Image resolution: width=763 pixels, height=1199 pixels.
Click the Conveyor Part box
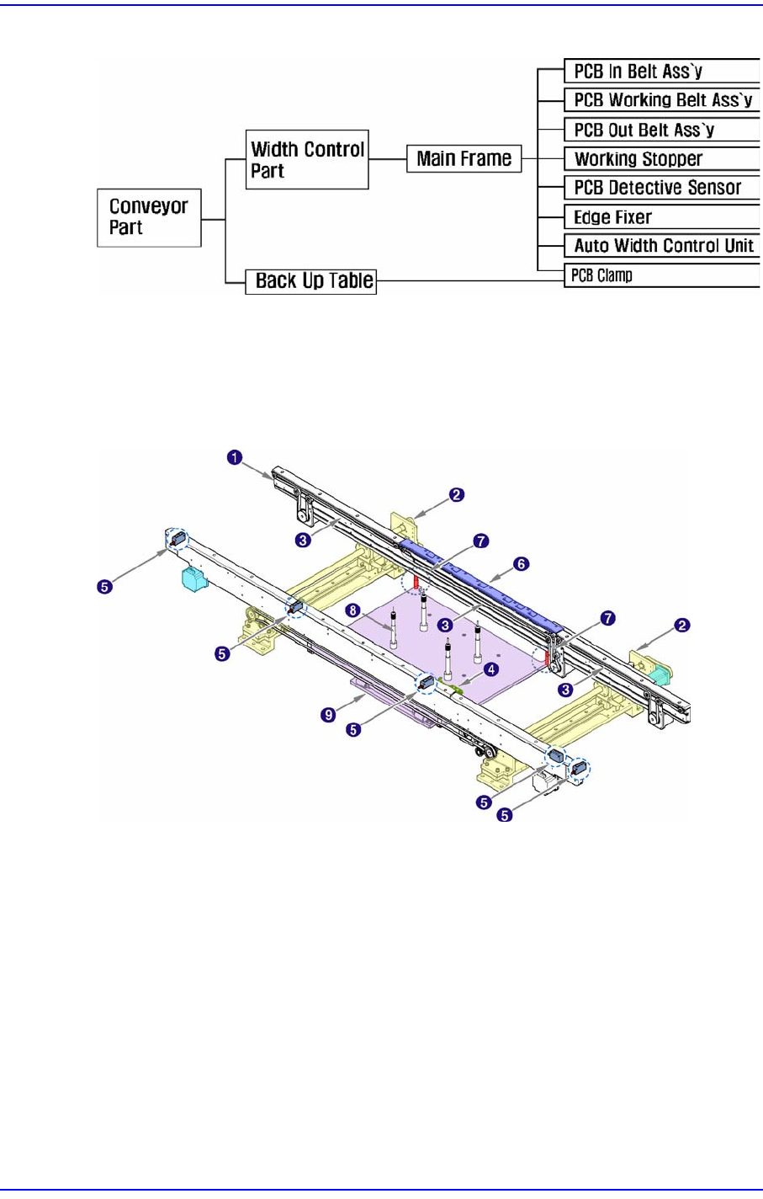149,217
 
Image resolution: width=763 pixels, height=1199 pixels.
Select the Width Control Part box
307,159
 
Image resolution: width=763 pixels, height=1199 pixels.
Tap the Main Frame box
464,158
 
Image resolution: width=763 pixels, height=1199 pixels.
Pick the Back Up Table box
310,281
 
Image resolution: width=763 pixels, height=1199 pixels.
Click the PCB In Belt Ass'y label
638,72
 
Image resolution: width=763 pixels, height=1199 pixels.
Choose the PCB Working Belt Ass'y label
663,100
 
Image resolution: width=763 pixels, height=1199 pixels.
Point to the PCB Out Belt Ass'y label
644,130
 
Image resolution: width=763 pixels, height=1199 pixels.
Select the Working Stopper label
638,159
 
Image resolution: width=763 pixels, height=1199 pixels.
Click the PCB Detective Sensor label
658,187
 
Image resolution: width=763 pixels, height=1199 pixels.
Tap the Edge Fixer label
612,217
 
